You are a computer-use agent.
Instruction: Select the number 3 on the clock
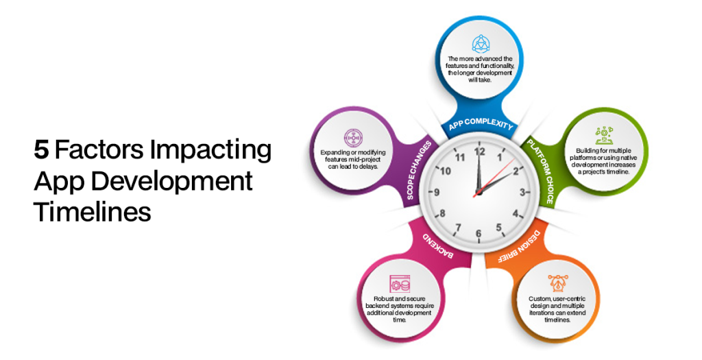coord(521,193)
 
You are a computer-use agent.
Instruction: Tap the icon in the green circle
coord(603,135)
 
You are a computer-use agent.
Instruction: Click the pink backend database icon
coord(399,283)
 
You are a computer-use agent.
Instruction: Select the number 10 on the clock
coord(445,171)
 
